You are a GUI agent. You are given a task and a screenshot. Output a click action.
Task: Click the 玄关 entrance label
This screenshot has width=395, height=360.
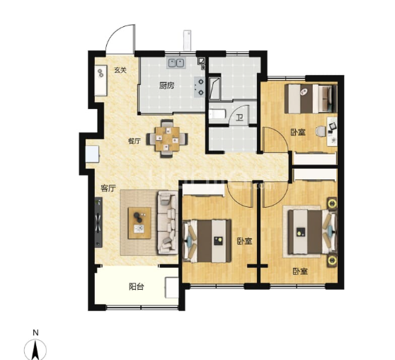[x=120, y=70]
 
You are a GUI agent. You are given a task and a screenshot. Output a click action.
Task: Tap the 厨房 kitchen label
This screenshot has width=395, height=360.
[x=167, y=86]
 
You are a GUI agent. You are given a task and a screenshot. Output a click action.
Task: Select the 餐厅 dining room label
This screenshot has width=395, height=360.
[x=134, y=140]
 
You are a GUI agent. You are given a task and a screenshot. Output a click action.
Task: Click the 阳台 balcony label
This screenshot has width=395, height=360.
[x=137, y=287]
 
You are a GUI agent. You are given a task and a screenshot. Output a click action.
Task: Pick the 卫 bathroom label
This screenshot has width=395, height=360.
[x=240, y=118]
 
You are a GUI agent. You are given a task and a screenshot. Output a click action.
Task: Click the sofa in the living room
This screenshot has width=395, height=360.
[x=168, y=223]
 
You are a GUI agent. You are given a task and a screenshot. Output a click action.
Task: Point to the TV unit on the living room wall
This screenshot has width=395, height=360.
[x=98, y=223]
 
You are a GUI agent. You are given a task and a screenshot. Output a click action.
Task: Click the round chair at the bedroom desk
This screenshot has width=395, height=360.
[x=320, y=130]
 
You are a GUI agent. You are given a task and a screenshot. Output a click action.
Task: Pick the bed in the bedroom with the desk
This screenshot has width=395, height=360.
[x=309, y=99]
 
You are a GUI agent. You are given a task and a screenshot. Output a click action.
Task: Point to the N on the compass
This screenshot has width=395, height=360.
[x=35, y=332]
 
